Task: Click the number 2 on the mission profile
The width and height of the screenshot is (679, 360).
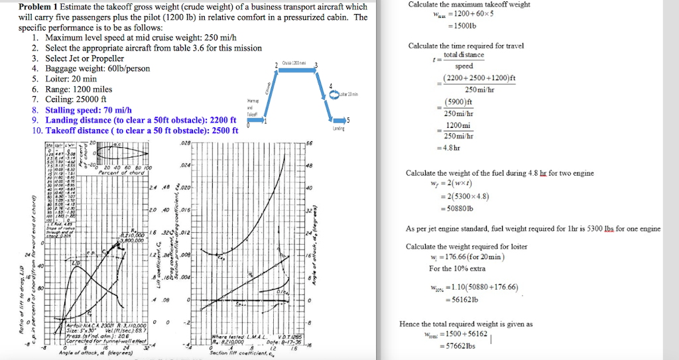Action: [x=275, y=64]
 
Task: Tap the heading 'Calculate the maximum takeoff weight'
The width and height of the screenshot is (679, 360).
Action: [x=469, y=5]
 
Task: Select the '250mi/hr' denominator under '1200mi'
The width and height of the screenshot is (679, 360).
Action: [x=460, y=137]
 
